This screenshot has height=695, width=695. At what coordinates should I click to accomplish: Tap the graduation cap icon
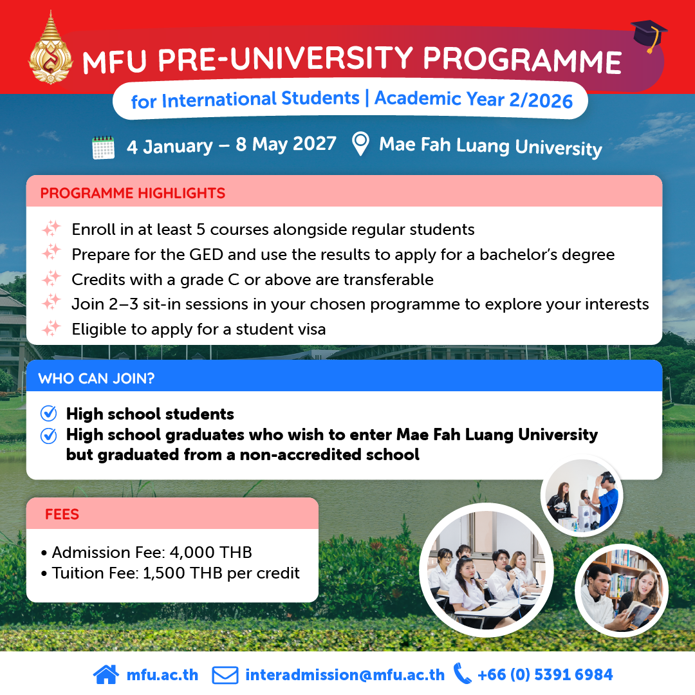649,35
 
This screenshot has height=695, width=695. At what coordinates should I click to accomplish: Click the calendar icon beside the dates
103,147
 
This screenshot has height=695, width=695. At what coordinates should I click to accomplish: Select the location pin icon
360,144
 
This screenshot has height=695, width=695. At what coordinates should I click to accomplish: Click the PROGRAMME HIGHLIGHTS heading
133,193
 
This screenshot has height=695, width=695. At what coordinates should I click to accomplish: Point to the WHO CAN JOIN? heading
96,378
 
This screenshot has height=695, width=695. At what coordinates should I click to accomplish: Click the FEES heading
62,514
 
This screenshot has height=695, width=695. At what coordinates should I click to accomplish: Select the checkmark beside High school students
48,413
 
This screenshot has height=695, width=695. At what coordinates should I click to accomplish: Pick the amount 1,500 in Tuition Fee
164,573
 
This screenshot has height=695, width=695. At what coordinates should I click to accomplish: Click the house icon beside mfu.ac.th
106,674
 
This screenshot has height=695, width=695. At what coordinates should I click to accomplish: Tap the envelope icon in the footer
225,675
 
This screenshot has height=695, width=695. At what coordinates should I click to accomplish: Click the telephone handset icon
462,674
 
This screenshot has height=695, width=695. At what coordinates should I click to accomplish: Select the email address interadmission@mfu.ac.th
345,674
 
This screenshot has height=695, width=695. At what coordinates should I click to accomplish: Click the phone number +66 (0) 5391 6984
545,674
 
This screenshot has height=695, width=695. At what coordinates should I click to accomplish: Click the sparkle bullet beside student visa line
51,328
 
